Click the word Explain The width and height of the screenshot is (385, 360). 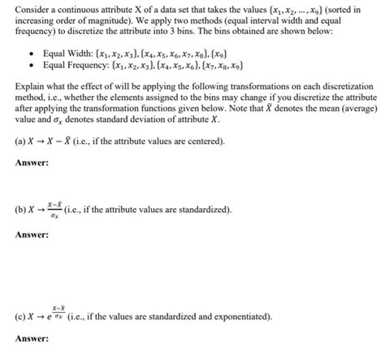[x=31, y=87]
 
